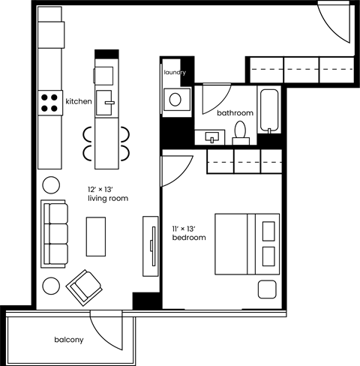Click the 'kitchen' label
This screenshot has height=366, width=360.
click(79, 100)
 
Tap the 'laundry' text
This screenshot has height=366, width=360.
click(174, 73)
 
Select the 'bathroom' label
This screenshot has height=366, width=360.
click(235, 113)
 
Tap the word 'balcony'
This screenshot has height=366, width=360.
click(68, 340)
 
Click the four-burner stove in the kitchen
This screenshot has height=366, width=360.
click(50, 102)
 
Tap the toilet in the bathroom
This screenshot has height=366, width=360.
click(241, 132)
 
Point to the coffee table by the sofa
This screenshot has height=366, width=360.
click(96, 236)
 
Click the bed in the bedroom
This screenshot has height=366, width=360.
click(247, 244)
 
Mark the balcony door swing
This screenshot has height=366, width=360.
click(105, 328)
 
